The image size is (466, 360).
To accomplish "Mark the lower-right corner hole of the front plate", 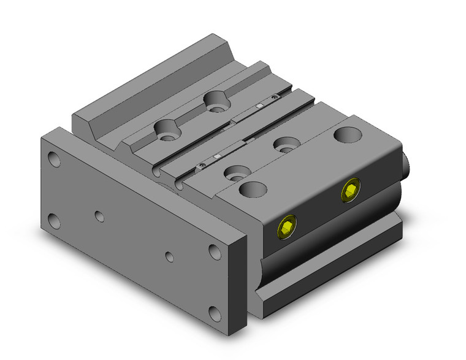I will pyautogui.click(x=214, y=314).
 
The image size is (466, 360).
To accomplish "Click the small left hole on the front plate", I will pyautogui.click(x=98, y=215).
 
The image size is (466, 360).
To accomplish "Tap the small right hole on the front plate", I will pyautogui.click(x=170, y=255).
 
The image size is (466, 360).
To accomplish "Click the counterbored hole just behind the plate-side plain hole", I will pyautogui.click(x=234, y=174).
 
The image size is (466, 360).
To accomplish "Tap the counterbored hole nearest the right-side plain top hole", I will pyautogui.click(x=283, y=145).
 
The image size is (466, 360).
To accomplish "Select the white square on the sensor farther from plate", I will pyautogui.click(x=259, y=107).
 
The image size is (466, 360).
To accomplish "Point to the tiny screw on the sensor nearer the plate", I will pyautogui.click(x=201, y=166).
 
